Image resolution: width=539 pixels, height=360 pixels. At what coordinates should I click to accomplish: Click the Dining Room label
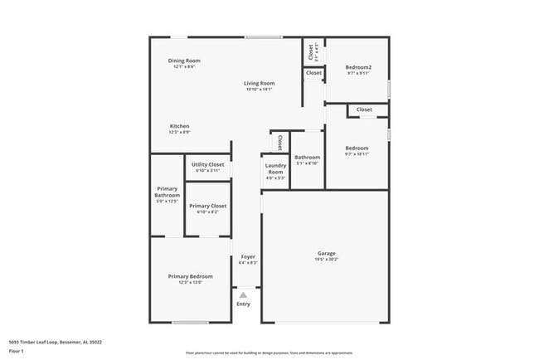coord(185,61)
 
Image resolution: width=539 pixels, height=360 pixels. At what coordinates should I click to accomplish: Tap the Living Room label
coord(259,83)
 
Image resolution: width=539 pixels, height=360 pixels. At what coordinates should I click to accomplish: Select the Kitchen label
coord(179,126)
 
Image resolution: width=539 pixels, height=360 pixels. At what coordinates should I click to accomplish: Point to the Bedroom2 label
coord(357,67)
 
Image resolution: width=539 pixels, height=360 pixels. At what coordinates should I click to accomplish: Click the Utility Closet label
coord(208,164)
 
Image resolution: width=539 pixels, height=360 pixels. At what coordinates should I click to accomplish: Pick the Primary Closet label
coord(207,206)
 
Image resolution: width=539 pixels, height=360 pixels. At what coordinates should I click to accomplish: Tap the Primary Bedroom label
coord(190,276)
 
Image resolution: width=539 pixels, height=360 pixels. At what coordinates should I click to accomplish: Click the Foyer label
coord(248,256)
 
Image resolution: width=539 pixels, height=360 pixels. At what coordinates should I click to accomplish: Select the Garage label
coord(327,253)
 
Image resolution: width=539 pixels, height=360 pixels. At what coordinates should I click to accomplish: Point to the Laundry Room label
coord(275,168)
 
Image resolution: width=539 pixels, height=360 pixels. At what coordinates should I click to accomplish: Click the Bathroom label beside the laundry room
coord(307,157)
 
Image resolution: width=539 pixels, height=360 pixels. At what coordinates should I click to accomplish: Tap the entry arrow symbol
coord(243,294)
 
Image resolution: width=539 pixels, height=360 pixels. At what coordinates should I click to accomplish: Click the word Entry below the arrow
coord(243,304)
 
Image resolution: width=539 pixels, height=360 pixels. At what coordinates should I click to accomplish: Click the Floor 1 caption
coord(16,351)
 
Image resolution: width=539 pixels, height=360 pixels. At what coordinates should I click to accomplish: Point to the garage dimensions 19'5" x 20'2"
coord(327,260)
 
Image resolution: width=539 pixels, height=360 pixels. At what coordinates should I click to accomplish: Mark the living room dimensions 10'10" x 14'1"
coord(259,90)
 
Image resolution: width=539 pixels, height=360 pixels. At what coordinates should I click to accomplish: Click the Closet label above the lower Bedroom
coord(364,109)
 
